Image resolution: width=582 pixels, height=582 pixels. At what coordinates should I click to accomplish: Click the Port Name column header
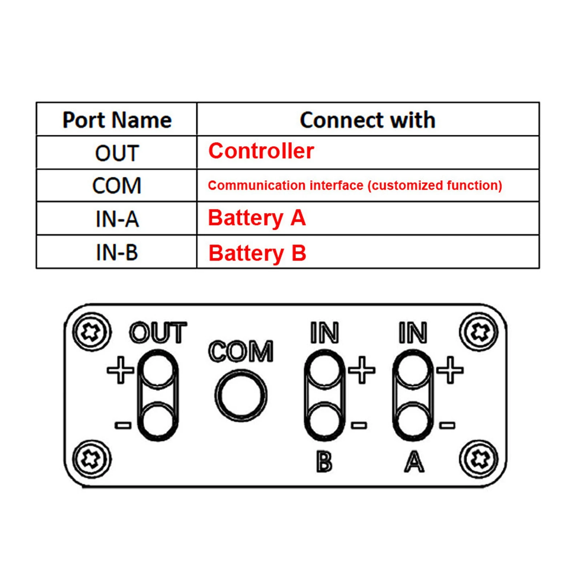pyautogui.click(x=117, y=120)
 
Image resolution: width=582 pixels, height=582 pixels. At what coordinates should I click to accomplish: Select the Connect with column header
pyautogui.click(x=368, y=120)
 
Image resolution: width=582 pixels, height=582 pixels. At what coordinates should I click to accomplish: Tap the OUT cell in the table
pyautogui.click(x=117, y=153)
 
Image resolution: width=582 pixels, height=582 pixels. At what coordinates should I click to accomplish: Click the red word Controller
pyautogui.click(x=261, y=151)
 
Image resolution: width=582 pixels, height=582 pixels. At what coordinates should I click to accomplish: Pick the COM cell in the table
pyautogui.click(x=117, y=186)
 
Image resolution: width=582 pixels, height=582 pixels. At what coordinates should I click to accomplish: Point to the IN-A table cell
pyautogui.click(x=117, y=219)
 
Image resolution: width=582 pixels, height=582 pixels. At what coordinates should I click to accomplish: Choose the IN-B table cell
pyautogui.click(x=117, y=252)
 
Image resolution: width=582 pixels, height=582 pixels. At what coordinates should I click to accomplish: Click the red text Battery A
pyautogui.click(x=257, y=218)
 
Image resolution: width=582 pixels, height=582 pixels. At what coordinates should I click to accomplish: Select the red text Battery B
pyautogui.click(x=257, y=253)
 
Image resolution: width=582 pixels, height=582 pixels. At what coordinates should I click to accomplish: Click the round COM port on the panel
pyautogui.click(x=241, y=396)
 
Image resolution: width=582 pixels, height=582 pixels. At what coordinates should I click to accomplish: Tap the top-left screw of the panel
pyautogui.click(x=91, y=332)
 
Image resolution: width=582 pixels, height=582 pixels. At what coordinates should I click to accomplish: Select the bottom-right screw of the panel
pyautogui.click(x=479, y=459)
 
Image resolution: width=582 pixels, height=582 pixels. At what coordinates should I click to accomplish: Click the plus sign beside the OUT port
pyautogui.click(x=120, y=370)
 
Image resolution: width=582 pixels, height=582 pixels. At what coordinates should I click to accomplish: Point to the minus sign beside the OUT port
pyautogui.click(x=123, y=425)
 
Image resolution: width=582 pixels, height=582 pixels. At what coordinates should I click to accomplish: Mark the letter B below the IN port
pyautogui.click(x=324, y=462)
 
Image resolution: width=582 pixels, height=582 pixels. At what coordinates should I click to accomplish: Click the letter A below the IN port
pyautogui.click(x=414, y=462)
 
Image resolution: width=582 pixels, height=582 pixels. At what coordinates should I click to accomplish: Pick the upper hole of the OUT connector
pyautogui.click(x=158, y=370)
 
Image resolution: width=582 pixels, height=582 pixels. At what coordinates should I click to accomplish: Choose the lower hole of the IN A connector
pyautogui.click(x=413, y=422)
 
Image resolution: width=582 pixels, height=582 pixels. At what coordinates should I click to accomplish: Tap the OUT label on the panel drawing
pyautogui.click(x=158, y=333)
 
